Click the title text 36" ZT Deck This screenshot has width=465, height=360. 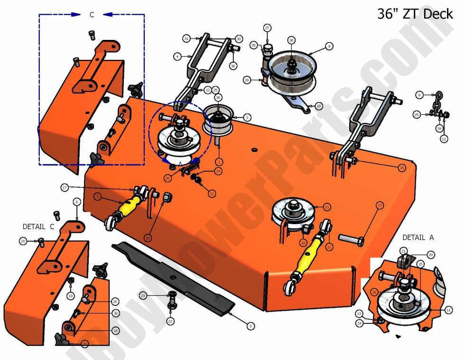click(415, 13)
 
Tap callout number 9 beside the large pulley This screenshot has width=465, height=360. click(329, 46)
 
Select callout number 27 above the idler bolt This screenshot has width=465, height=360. click(267, 28)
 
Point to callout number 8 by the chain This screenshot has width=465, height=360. click(419, 95)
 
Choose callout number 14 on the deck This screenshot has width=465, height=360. click(401, 168)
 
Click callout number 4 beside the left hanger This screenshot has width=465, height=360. click(177, 57)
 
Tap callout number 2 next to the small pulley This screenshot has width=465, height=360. click(247, 117)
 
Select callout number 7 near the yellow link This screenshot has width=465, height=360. click(97, 196)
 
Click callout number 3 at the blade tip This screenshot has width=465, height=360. click(250, 326)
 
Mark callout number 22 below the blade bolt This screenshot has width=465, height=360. click(170, 322)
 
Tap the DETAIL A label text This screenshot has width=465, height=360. click(418, 237)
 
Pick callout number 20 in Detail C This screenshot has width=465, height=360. click(23, 242)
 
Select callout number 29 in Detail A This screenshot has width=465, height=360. click(430, 255)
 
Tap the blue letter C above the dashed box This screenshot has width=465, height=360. click(92, 15)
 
